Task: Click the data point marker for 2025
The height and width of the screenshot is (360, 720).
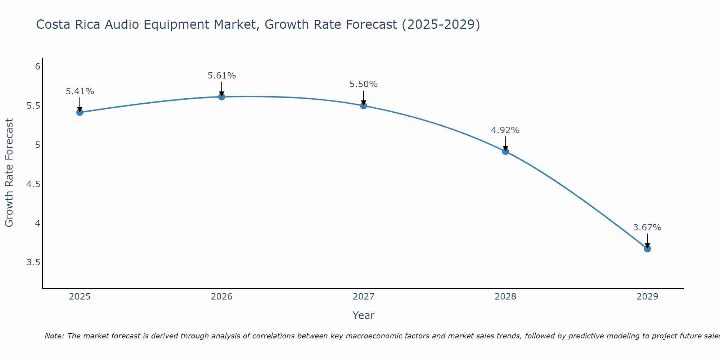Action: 80,112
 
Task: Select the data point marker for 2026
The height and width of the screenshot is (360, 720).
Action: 221,96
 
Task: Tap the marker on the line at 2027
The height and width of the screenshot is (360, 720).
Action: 363,105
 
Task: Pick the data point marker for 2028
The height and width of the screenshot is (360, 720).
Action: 505,151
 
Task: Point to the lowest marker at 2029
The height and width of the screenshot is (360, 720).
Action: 647,249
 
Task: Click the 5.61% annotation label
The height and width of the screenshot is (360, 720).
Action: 221,76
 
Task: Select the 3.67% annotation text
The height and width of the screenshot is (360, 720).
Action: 647,228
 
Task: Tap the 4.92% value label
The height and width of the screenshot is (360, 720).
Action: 505,130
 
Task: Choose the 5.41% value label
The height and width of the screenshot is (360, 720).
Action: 80,91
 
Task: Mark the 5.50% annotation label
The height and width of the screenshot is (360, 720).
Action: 363,84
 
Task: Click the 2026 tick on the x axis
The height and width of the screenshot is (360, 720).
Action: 221,297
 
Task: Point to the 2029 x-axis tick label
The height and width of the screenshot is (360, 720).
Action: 647,297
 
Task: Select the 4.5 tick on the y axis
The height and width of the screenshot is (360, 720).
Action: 33,184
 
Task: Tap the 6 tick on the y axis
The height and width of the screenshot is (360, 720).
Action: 37,67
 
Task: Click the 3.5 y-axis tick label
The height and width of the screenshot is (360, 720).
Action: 33,262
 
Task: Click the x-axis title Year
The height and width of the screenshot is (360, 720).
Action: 363,315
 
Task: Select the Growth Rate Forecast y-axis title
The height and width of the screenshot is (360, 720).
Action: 9,173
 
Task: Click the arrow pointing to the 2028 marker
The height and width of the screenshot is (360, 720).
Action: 505,143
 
